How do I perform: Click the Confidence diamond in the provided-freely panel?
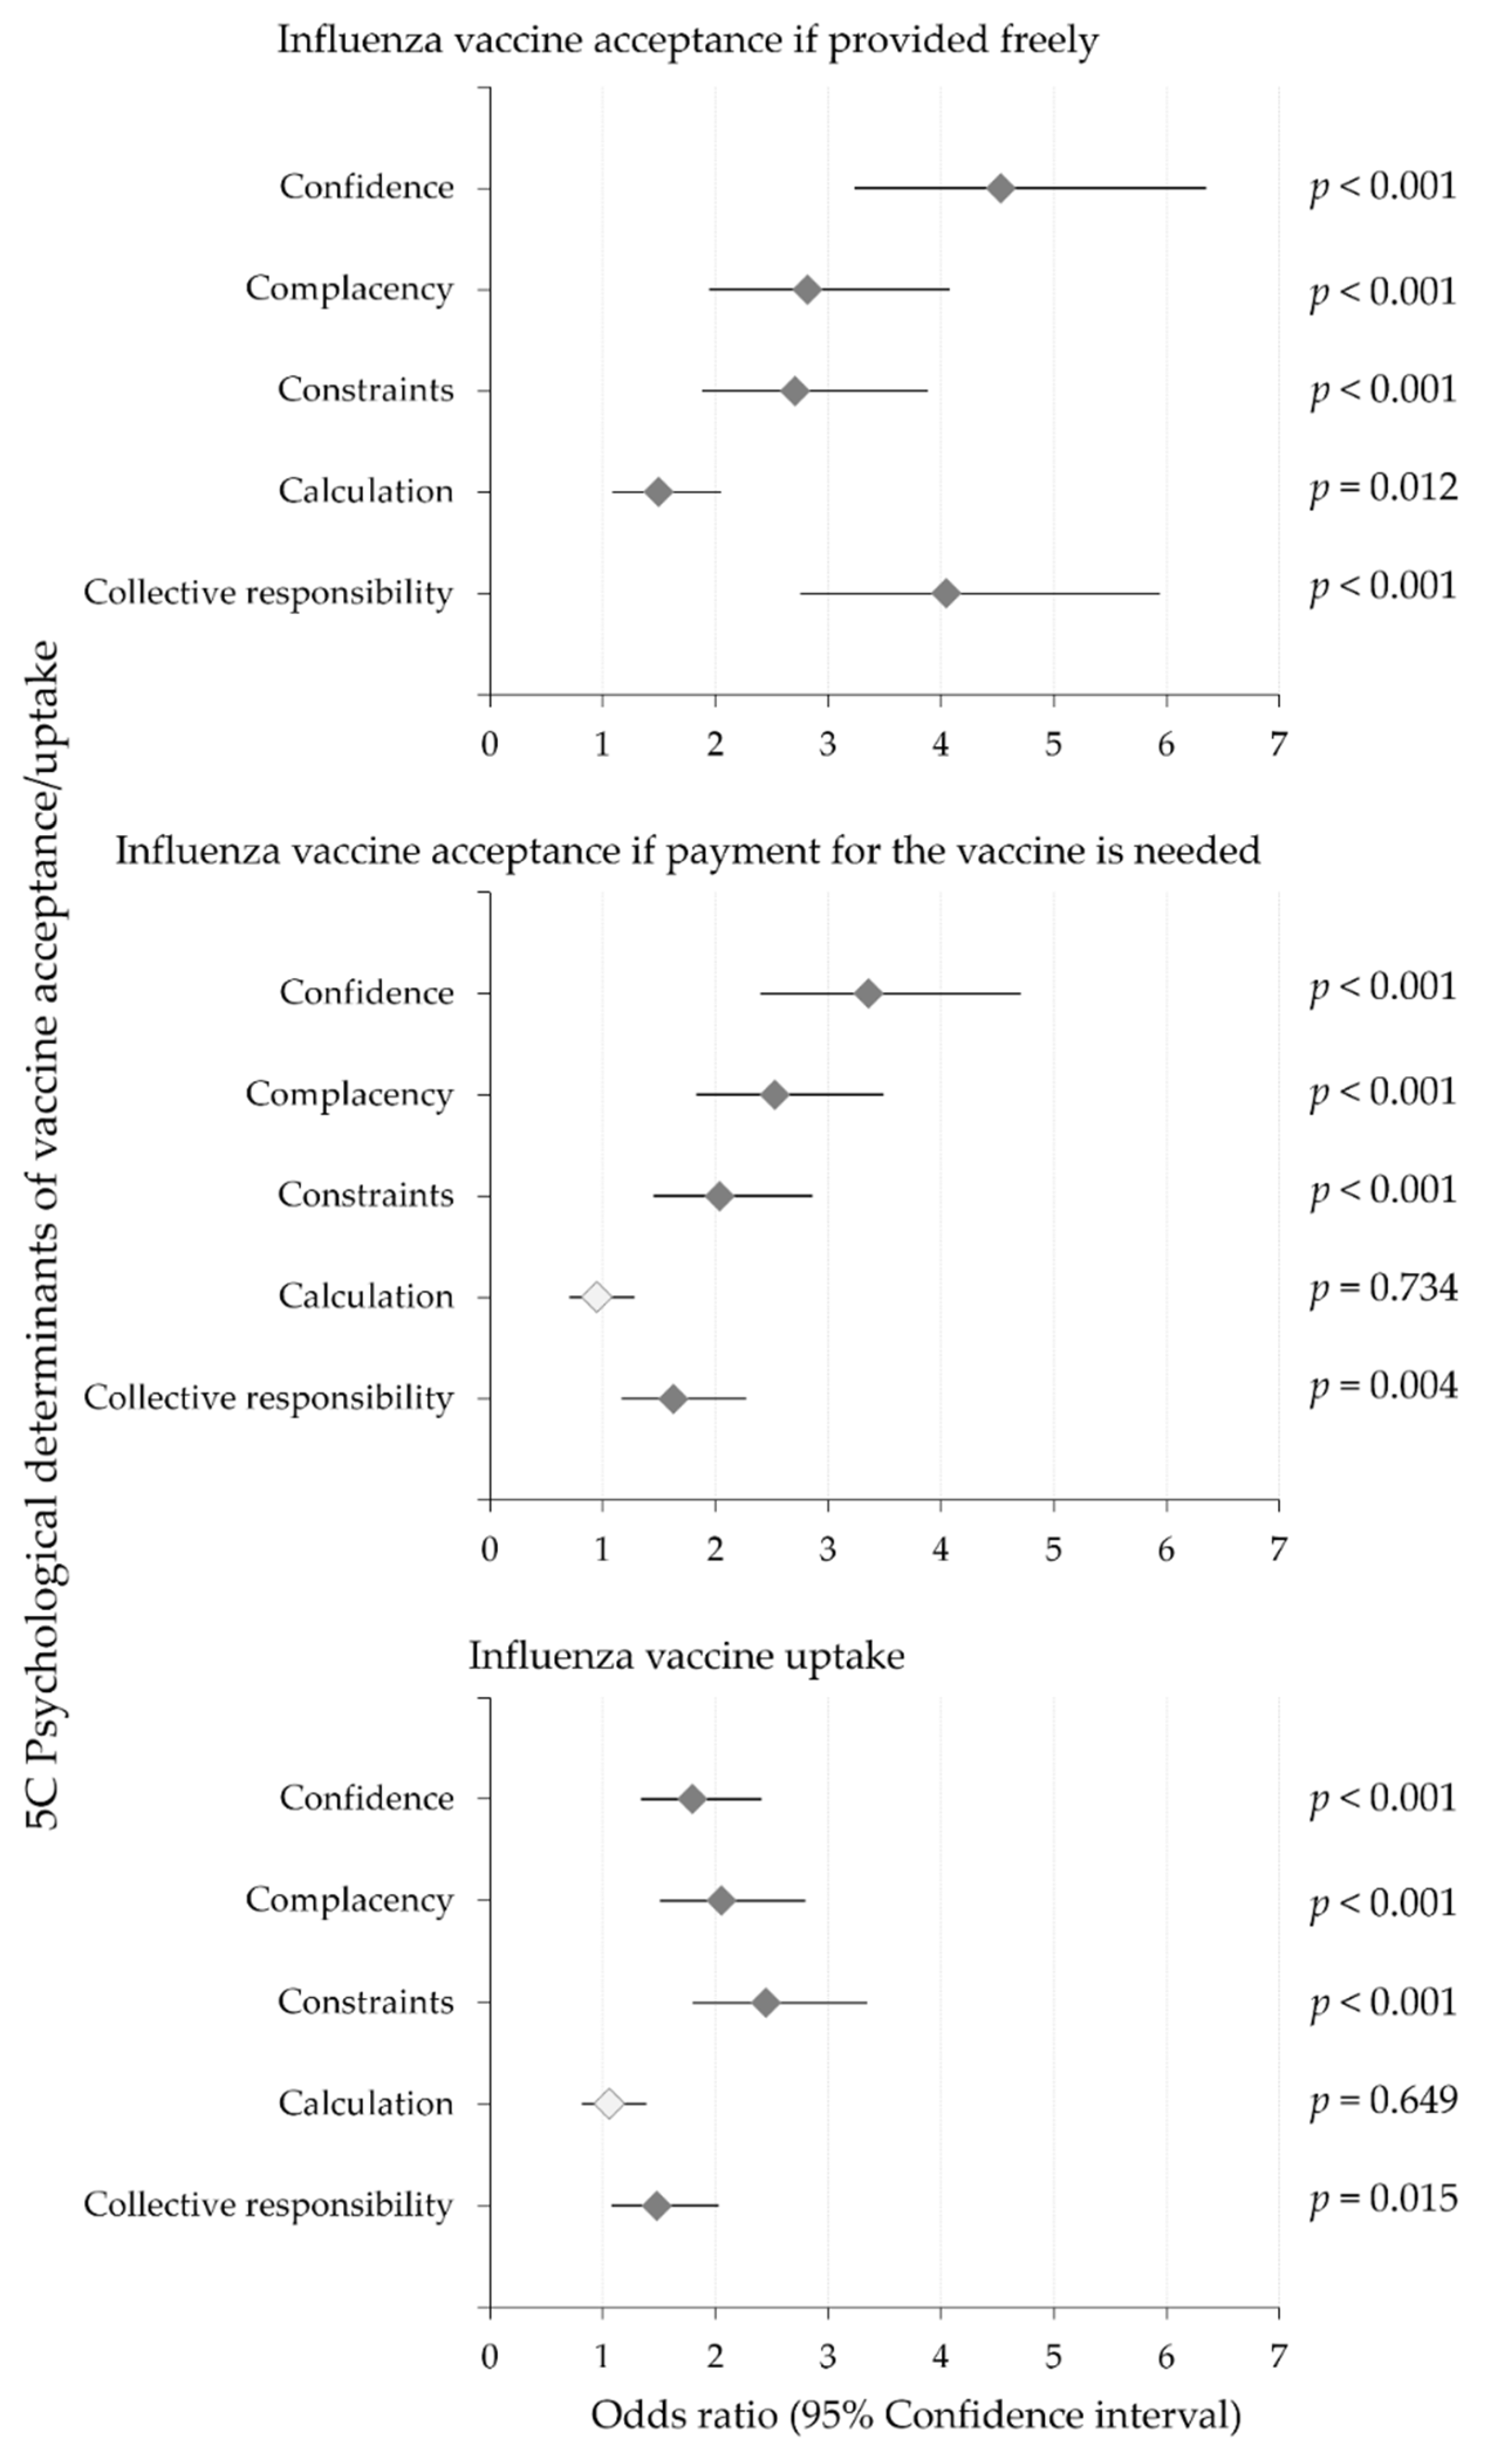(1001, 189)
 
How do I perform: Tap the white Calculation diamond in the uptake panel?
(609, 2103)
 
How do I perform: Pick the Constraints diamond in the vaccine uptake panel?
(765, 2003)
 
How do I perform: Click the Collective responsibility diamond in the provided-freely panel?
(946, 594)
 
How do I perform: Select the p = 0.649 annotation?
(1383, 2100)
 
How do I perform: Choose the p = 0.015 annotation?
(1383, 2199)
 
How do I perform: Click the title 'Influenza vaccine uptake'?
(687, 1656)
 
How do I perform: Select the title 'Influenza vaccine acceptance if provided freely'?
(688, 41)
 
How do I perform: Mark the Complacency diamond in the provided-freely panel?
(808, 290)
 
